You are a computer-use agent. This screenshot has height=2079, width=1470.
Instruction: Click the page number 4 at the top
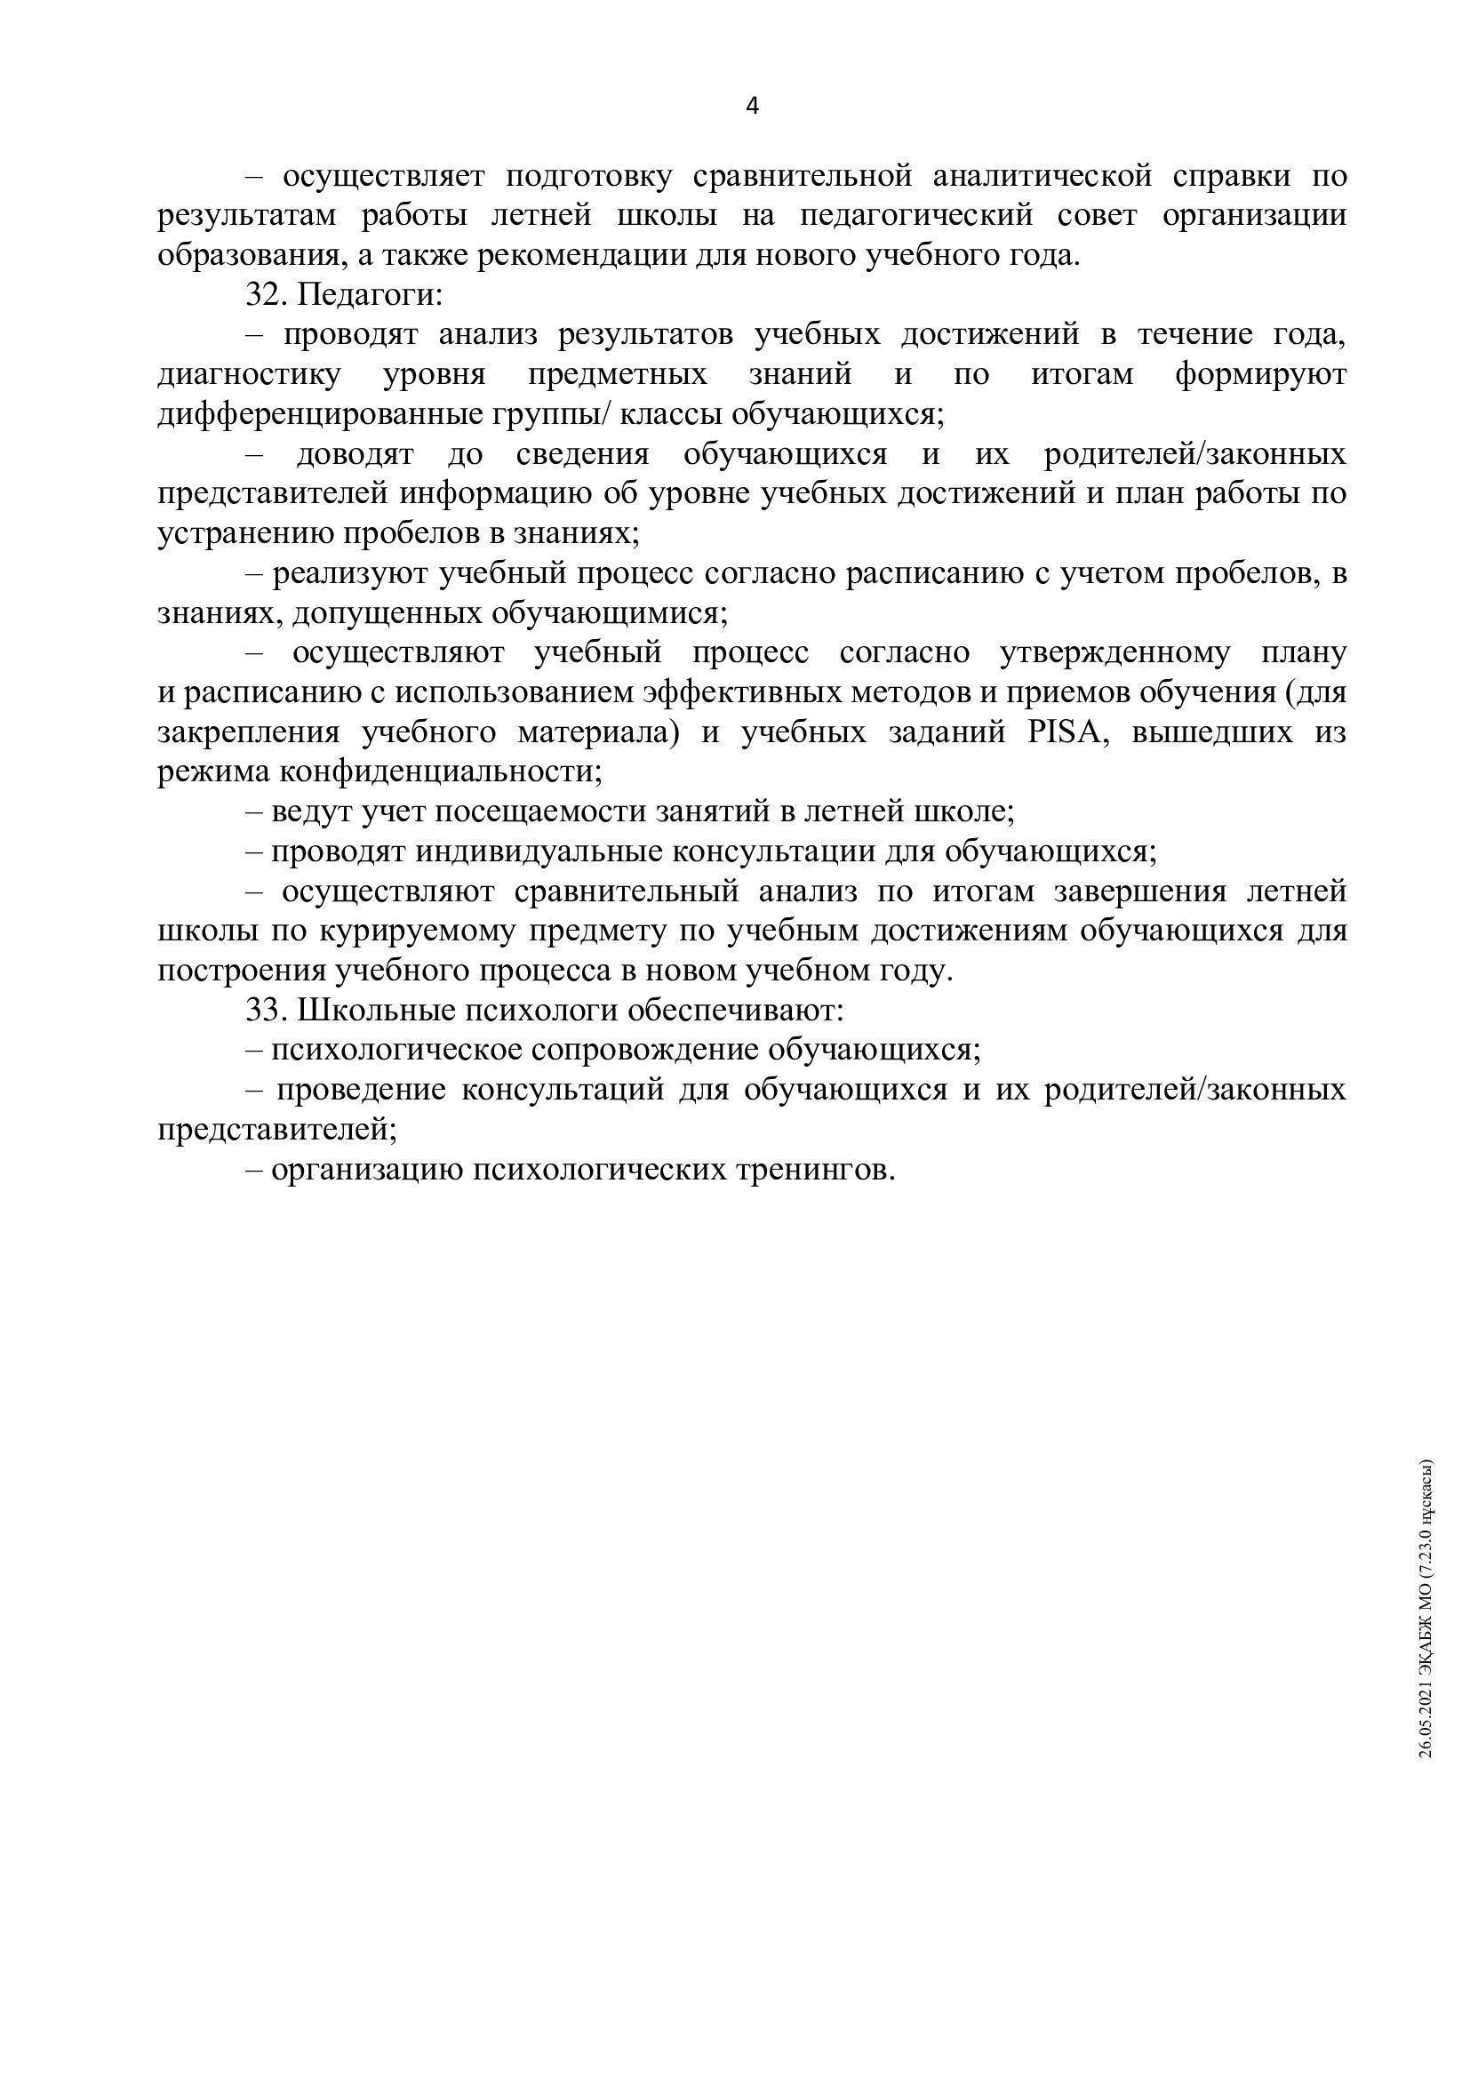click(751, 107)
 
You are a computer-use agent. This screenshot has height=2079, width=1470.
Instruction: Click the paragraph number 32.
click(264, 295)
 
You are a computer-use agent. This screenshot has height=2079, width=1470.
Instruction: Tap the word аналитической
click(1042, 176)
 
